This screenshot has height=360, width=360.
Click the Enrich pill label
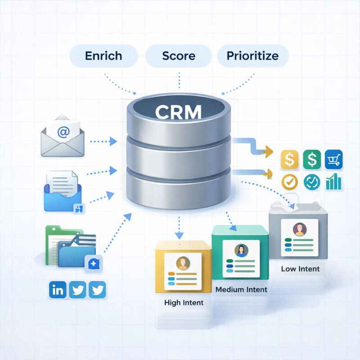pyautogui.click(x=103, y=56)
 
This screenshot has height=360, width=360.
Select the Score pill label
pyautogui.click(x=179, y=56)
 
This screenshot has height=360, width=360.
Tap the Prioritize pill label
pyautogui.click(x=252, y=56)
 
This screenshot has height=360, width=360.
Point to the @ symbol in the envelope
pyautogui.click(x=63, y=132)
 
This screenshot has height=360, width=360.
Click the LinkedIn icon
pyautogui.click(x=58, y=290)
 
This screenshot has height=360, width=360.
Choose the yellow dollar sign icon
pyautogui.click(x=289, y=160)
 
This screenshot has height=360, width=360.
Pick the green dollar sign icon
pyautogui.click(x=311, y=159)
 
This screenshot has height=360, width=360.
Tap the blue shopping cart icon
pyautogui.click(x=333, y=159)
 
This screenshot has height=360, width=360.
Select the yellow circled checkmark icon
pyautogui.click(x=289, y=182)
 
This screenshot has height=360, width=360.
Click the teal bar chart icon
pyautogui.click(x=333, y=181)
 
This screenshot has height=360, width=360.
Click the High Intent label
pyautogui.click(x=184, y=302)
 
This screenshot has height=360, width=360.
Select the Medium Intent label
pyautogui.click(x=241, y=289)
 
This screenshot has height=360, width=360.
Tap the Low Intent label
pyautogui.click(x=300, y=269)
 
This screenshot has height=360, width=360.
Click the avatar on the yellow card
pyautogui.click(x=183, y=263)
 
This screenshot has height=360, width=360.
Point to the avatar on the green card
pyautogui.click(x=240, y=250)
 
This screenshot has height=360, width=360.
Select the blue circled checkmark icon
pyautogui.click(x=311, y=182)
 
